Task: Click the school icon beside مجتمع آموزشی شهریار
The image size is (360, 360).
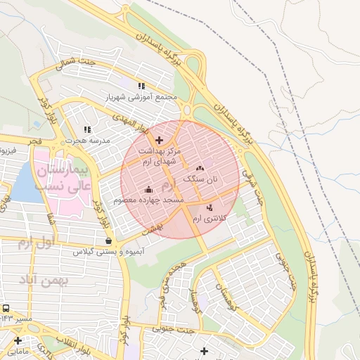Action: (x=142, y=86)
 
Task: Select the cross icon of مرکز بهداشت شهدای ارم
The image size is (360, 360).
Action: (x=159, y=139)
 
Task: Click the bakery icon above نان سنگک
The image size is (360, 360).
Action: (x=200, y=168)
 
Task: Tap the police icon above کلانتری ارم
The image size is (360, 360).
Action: (x=210, y=208)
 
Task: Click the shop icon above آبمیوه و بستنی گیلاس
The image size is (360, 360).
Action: (x=108, y=240)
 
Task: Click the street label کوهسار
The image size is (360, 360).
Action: (x=200, y=295)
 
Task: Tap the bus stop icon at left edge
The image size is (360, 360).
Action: (x=6, y=309)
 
